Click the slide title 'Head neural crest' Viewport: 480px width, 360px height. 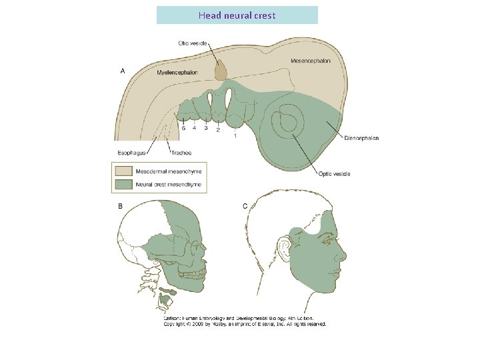point(237,15)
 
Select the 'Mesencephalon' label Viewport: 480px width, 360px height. point(310,61)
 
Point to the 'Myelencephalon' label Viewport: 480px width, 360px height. point(177,72)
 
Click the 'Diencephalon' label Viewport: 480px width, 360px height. point(361,138)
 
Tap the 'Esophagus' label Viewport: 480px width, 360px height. point(133,153)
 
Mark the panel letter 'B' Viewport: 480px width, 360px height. point(120,207)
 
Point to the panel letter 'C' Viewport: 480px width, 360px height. point(245,207)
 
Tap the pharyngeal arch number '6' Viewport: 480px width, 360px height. point(183,127)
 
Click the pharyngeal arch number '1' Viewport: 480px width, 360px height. point(235,135)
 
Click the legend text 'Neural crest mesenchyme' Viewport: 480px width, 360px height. point(168,184)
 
